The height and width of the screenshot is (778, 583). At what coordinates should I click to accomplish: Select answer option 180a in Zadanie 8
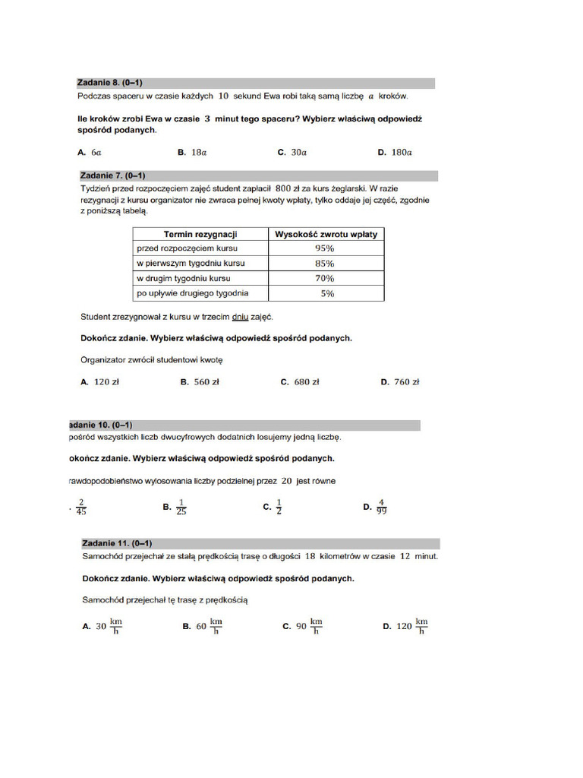tap(399, 152)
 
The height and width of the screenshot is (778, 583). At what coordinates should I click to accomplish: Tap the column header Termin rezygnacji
tap(200, 234)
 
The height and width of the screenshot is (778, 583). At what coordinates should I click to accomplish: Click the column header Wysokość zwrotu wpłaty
tap(326, 234)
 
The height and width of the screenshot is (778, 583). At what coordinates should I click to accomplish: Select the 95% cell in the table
tap(325, 248)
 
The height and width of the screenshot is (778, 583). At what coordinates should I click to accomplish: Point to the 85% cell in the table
tap(325, 264)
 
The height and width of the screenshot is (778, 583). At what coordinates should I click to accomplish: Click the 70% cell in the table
tap(325, 278)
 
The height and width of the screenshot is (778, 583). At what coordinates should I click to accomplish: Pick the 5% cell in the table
tap(326, 293)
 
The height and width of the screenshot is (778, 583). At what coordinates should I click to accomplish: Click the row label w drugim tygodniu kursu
tap(183, 278)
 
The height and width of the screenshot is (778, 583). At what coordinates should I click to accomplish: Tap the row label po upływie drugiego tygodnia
tap(192, 293)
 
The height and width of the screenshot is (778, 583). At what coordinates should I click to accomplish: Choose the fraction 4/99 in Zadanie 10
tap(381, 506)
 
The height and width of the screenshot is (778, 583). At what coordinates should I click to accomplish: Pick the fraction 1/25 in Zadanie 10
tap(181, 506)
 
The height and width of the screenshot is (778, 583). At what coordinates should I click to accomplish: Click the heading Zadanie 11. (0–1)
tap(117, 543)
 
